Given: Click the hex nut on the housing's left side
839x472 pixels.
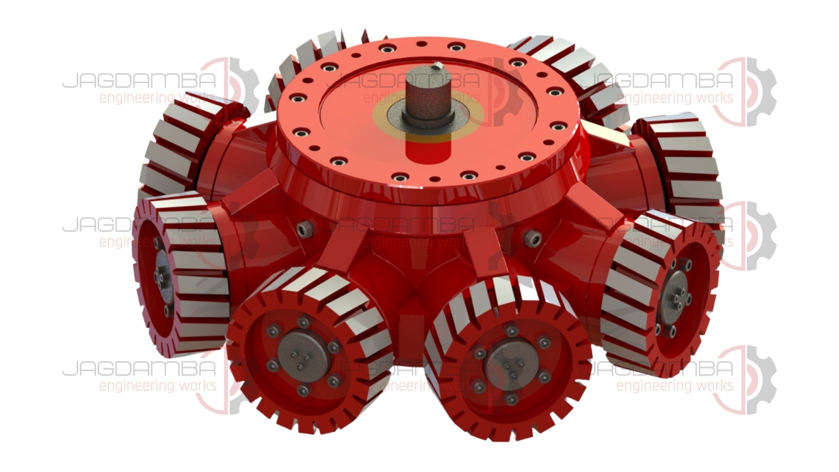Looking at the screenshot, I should click(305, 229).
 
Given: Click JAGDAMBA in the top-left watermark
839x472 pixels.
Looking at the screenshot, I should click(139, 80).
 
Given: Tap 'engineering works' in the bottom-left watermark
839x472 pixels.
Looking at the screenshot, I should click(157, 386).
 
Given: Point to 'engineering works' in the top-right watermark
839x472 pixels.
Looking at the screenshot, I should click(675, 97).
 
